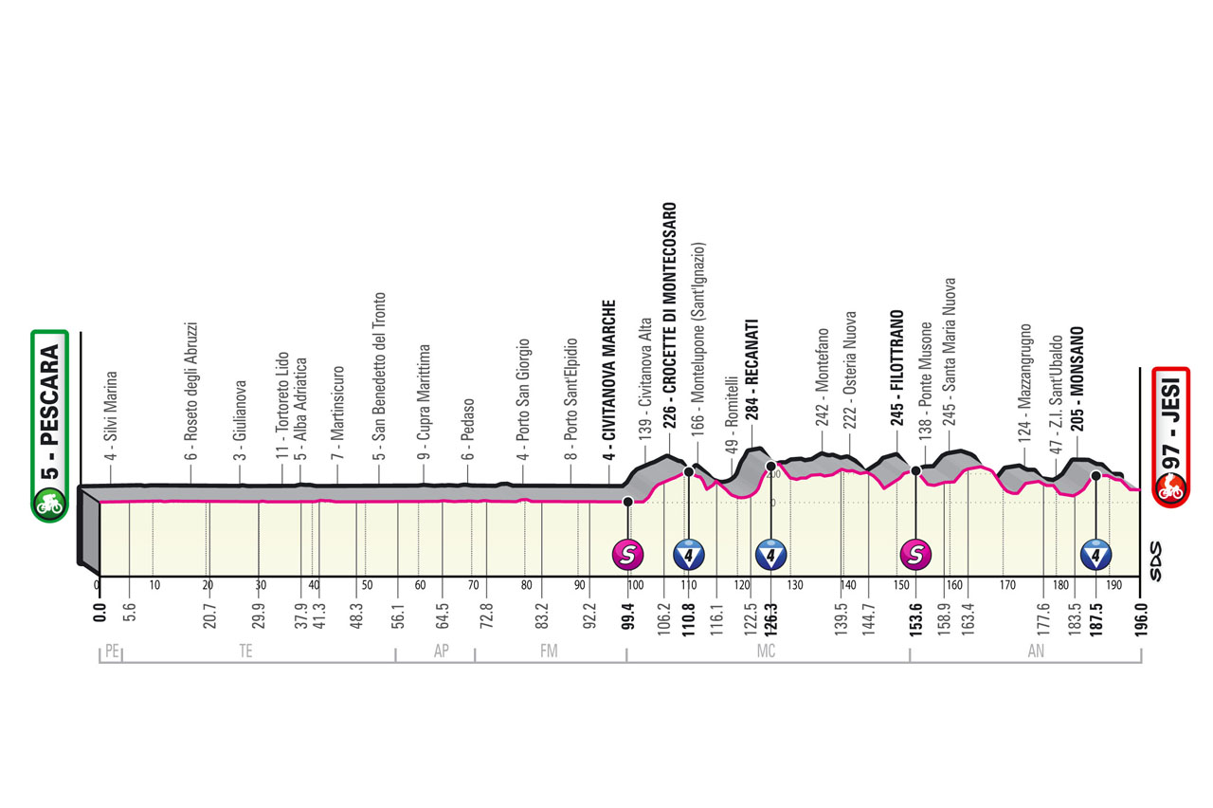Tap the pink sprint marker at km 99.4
pyautogui.click(x=627, y=553)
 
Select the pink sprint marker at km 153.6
pyautogui.click(x=915, y=553)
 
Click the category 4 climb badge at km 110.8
pyautogui.click(x=688, y=553)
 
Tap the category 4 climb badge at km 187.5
pyautogui.click(x=1095, y=553)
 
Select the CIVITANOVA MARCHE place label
pyautogui.click(x=611, y=379)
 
